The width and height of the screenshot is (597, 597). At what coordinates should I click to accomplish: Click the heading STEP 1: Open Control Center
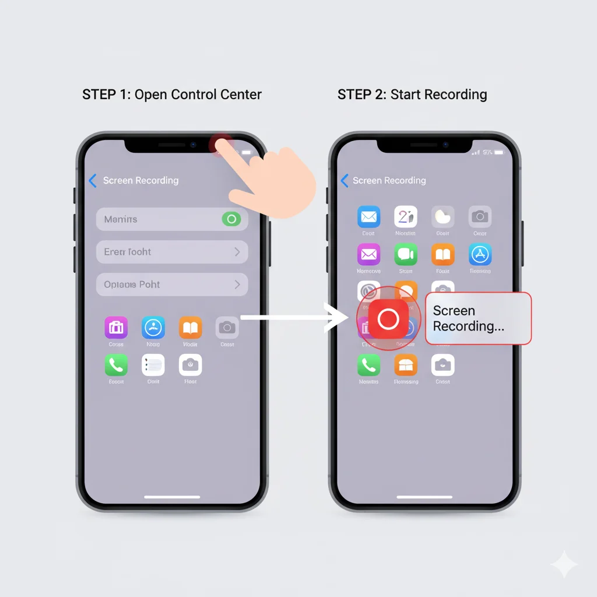tap(172, 94)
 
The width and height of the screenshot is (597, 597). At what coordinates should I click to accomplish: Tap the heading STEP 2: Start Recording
tap(412, 94)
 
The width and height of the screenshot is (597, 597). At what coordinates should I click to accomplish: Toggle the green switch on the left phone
tap(231, 219)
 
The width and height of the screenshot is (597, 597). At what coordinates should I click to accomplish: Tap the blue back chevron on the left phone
tap(92, 181)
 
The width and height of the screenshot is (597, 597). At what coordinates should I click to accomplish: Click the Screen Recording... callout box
tap(478, 318)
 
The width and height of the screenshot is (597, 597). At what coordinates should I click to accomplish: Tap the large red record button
tap(388, 319)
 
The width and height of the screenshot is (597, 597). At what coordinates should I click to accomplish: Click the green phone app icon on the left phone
tap(116, 366)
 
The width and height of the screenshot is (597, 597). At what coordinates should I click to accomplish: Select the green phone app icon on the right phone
tap(368, 366)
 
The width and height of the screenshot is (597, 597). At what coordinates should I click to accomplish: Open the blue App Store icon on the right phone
tap(480, 254)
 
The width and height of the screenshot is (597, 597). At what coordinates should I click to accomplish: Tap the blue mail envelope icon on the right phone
tap(368, 217)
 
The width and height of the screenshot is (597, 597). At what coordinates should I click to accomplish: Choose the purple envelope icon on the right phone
tap(368, 254)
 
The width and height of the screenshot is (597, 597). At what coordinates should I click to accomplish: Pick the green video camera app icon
tap(406, 254)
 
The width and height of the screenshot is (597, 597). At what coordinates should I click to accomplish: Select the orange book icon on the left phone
tap(190, 328)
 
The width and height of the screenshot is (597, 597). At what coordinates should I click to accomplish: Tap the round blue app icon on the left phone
tap(153, 328)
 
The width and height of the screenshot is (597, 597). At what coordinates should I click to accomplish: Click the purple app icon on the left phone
tap(116, 328)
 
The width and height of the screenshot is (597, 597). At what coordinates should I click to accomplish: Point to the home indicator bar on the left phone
tap(172, 497)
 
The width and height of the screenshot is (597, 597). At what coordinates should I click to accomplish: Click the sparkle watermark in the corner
tap(564, 564)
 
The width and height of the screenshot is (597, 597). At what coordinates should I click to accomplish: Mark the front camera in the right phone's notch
tap(445, 144)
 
